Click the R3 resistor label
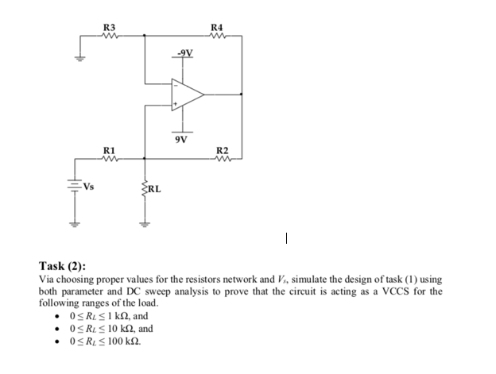point(109,29)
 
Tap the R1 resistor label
point(109,151)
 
